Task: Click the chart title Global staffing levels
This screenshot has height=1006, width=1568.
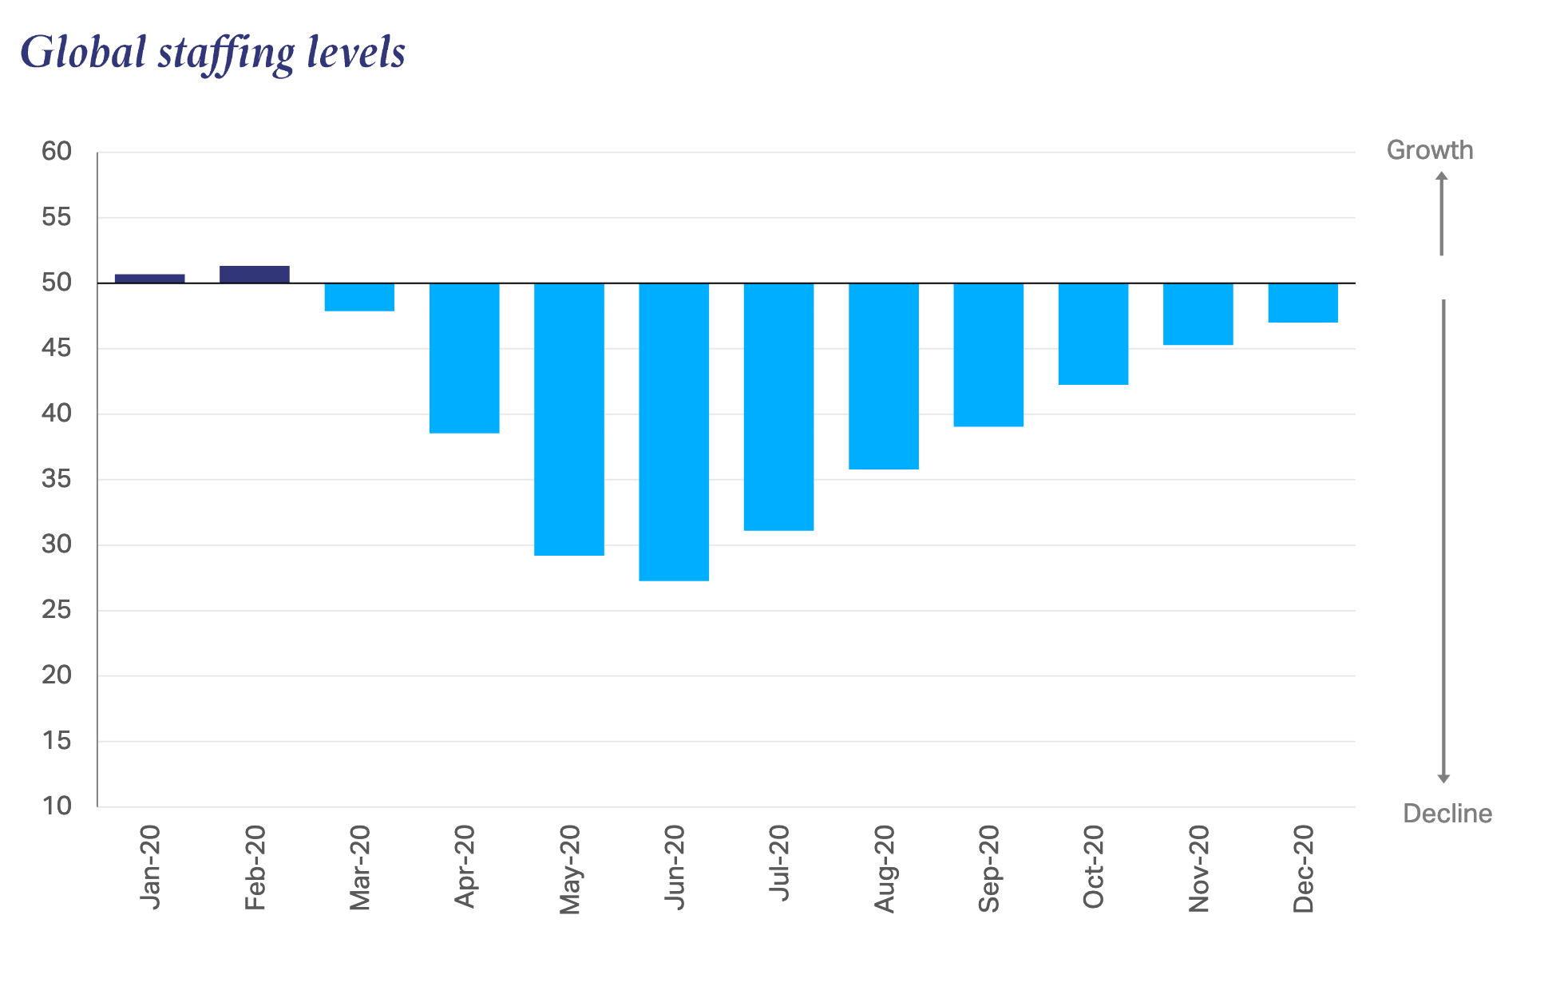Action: click(212, 53)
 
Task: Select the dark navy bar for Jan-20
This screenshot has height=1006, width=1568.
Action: click(149, 279)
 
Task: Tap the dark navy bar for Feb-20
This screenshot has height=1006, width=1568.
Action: click(254, 274)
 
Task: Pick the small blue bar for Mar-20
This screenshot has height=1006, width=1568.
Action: click(359, 297)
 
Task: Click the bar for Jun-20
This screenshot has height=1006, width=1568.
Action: click(674, 431)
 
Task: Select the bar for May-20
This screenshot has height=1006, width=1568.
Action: click(569, 419)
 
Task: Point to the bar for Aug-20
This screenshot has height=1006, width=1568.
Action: click(883, 375)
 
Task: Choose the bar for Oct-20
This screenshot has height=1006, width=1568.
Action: click(1093, 334)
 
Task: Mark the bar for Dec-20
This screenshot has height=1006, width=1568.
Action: click(1302, 303)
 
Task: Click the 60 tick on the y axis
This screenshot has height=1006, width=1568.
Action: click(57, 151)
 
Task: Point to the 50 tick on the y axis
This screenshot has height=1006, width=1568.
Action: click(57, 282)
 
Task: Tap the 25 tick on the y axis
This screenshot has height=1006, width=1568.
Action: click(57, 609)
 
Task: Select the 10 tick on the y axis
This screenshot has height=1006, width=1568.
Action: click(57, 806)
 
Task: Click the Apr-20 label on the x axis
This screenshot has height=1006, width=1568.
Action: click(464, 867)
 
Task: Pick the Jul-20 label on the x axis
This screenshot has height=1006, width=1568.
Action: click(778, 864)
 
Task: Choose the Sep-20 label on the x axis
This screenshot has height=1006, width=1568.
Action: click(988, 869)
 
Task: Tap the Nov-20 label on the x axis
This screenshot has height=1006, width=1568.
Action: click(1198, 869)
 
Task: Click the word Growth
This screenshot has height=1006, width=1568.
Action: click(1429, 150)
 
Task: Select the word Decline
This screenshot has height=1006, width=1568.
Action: click(1447, 814)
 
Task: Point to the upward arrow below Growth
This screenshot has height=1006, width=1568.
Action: click(1441, 214)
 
